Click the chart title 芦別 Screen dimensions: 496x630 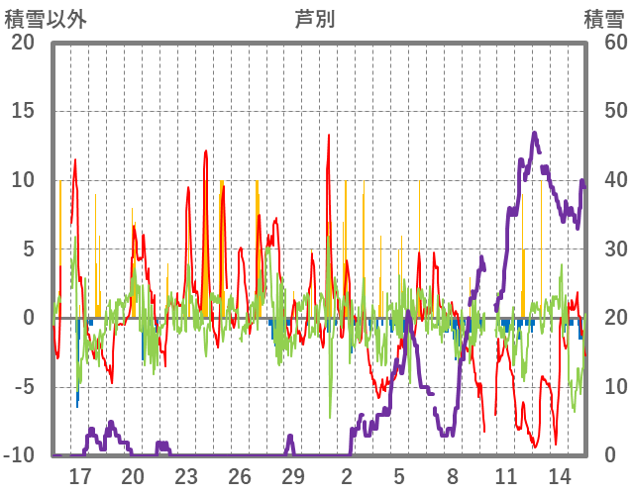315,17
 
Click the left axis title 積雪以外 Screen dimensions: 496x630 46,17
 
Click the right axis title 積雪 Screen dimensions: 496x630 603,17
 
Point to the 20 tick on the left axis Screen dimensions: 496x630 23,42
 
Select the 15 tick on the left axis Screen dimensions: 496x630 23,111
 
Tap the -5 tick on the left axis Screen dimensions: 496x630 23,387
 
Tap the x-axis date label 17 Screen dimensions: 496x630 80,475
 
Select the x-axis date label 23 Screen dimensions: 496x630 186,475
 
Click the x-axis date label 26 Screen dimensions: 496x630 240,475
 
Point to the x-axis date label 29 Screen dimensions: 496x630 293,475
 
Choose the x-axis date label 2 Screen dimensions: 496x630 347,475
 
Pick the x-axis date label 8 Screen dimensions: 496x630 453,475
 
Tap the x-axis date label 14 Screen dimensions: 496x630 559,475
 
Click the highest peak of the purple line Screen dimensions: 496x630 534,132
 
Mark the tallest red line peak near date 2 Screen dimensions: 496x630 329,136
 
